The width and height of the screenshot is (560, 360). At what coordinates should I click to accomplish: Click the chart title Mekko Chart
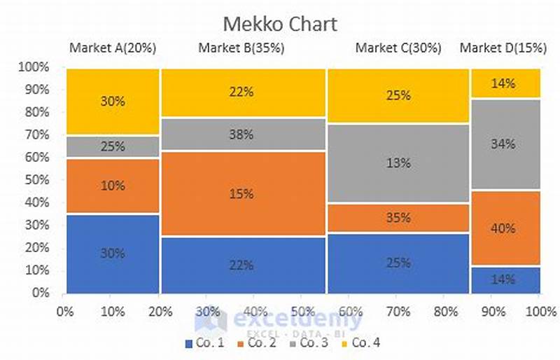pyautogui.click(x=279, y=24)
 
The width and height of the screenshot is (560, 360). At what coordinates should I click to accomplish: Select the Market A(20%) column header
pyautogui.click(x=113, y=48)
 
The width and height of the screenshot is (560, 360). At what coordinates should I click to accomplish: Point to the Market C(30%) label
pyautogui.click(x=398, y=48)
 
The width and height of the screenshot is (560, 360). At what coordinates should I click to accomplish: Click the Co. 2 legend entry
pyautogui.click(x=258, y=343)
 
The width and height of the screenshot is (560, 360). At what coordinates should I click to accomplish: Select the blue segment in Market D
pyautogui.click(x=505, y=279)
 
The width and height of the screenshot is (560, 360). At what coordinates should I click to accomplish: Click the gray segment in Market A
pyautogui.click(x=113, y=147)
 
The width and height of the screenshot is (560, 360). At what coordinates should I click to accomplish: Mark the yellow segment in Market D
pyautogui.click(x=505, y=83)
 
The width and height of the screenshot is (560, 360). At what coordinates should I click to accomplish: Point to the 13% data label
pyautogui.click(x=398, y=163)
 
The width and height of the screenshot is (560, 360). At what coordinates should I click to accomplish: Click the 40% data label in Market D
pyautogui.click(x=503, y=228)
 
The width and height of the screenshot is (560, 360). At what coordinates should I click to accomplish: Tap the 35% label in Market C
pyautogui.click(x=398, y=218)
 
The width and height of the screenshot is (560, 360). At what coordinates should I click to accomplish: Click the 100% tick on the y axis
pyautogui.click(x=36, y=67)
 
